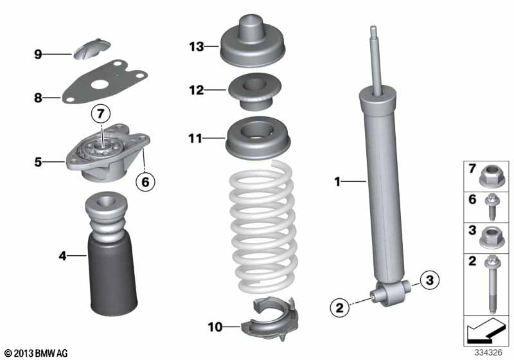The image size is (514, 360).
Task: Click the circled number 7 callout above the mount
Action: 101,114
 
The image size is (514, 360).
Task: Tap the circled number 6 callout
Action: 146,181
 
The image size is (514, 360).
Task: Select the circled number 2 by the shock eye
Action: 340,307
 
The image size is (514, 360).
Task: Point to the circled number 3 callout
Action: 429,280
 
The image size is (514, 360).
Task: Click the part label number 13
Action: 197,46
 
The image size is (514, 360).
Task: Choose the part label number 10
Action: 215,327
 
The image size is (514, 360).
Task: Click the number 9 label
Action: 39,54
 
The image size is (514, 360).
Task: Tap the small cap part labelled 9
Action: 92,49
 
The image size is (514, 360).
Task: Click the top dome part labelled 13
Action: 253,41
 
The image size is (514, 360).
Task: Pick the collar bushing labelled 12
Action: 254,91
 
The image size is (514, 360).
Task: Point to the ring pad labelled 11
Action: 258,138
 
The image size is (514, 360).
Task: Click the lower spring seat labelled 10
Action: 270,319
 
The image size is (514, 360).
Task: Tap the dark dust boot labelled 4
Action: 111,255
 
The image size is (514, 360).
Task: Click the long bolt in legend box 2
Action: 492,284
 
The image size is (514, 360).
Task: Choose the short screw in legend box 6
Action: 492,207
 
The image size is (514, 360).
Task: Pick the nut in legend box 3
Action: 492,237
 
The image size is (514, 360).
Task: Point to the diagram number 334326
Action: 488,353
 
